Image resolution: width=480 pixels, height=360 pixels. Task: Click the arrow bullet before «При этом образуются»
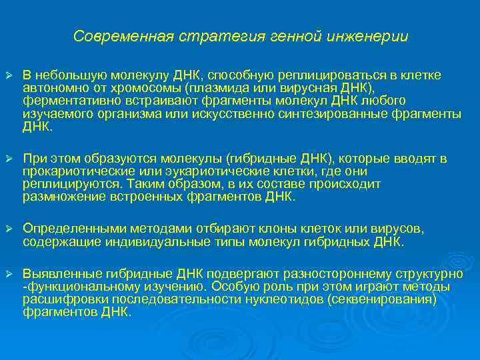tap(9, 159)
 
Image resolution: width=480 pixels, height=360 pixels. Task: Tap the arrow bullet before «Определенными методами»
tap(9, 229)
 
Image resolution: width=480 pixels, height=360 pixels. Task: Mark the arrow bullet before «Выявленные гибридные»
tap(9, 273)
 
